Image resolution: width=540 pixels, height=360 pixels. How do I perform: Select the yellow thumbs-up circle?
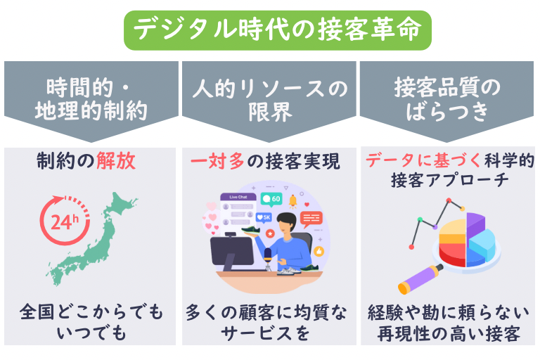click(x=317, y=250)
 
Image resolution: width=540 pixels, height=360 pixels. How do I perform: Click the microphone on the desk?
click(x=268, y=254)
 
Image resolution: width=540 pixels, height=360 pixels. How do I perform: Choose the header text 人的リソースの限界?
click(x=270, y=100)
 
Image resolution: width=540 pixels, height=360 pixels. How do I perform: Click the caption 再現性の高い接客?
click(x=450, y=332)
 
